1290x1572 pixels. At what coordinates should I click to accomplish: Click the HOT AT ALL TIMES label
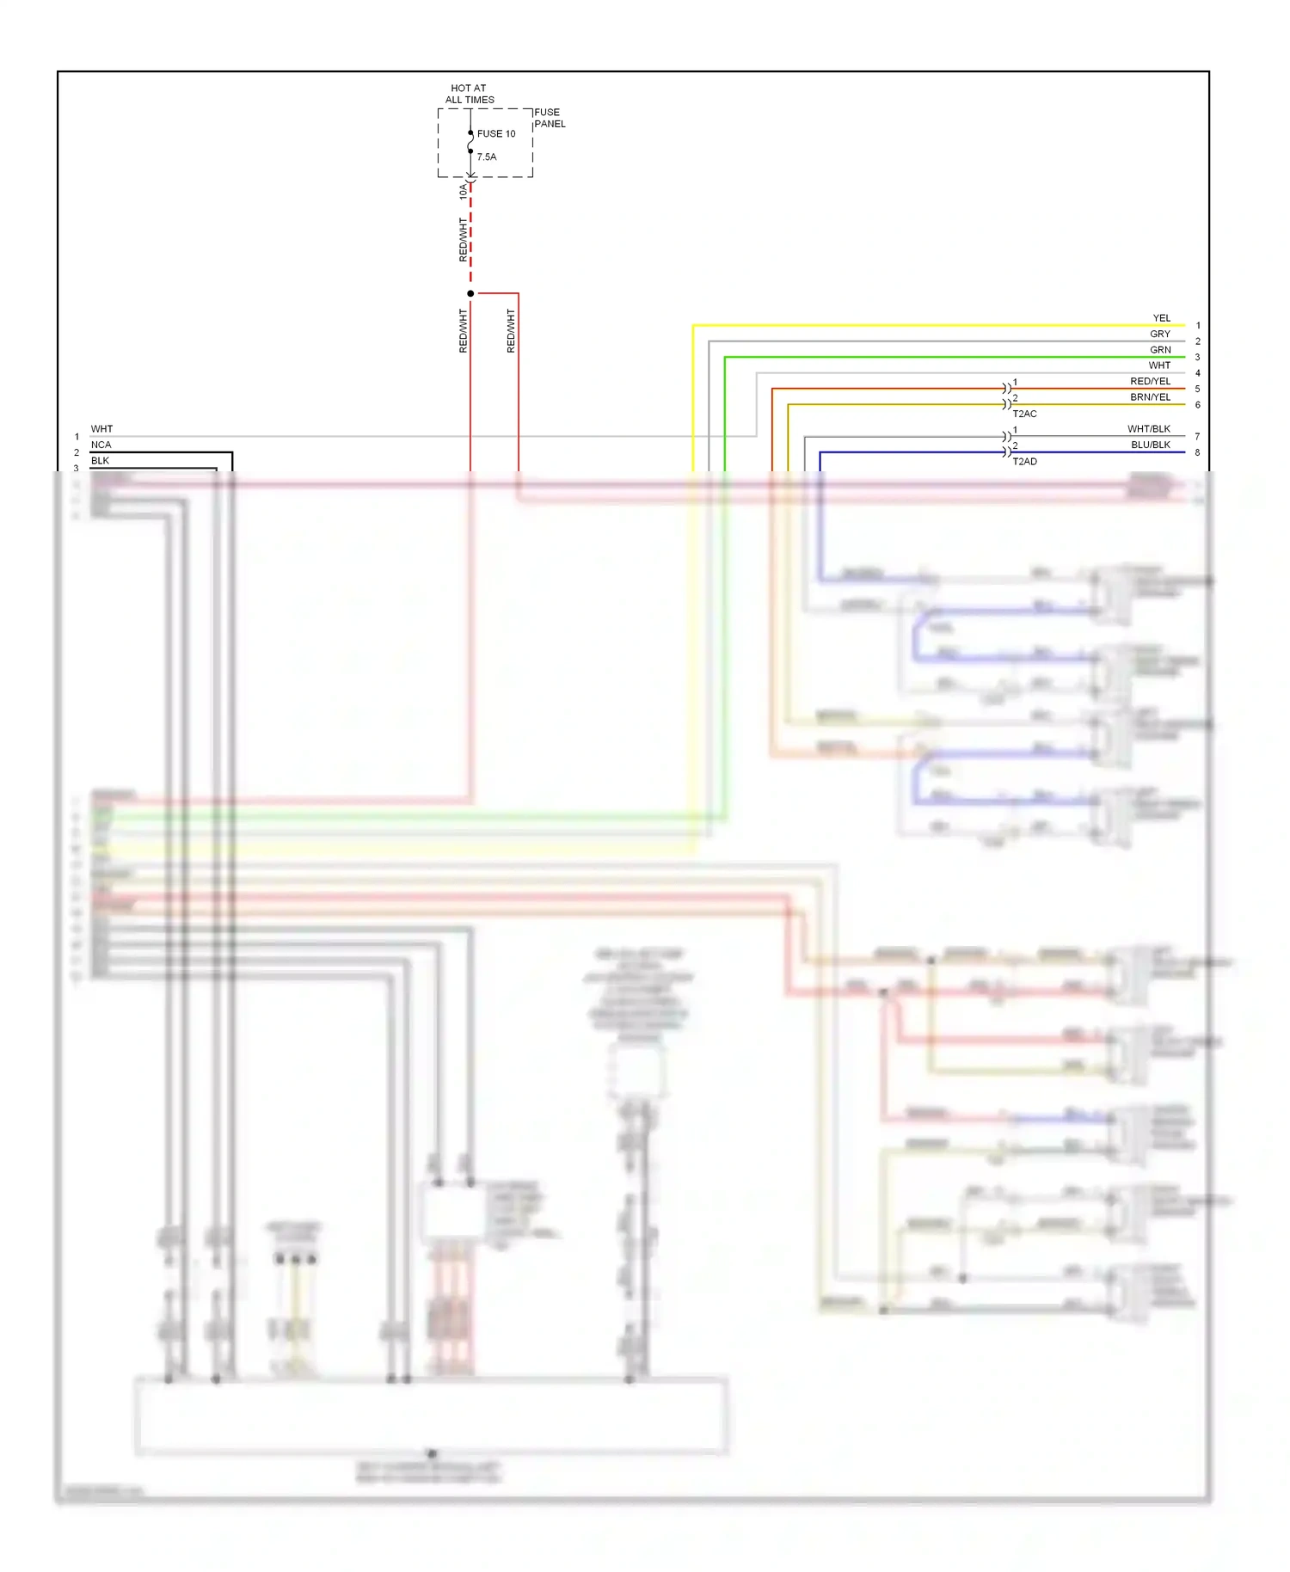tap(470, 94)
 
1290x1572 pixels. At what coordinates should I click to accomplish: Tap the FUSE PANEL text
tap(550, 118)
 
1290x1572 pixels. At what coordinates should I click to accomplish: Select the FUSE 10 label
tap(496, 134)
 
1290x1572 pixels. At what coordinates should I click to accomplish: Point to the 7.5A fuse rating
tap(487, 157)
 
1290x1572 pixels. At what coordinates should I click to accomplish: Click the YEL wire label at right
tap(1161, 318)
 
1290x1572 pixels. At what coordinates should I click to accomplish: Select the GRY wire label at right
tap(1160, 334)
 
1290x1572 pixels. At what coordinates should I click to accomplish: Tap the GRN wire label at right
tap(1160, 350)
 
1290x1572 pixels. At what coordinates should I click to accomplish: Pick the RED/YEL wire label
tap(1150, 382)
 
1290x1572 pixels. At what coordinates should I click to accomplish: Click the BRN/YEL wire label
tap(1150, 397)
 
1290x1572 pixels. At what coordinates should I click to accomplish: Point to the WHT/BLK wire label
tap(1148, 429)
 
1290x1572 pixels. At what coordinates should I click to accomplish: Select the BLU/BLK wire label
tap(1150, 445)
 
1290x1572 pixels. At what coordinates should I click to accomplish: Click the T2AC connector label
tap(1024, 414)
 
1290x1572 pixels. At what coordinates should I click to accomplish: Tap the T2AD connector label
tap(1024, 462)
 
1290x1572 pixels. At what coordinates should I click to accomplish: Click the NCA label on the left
tap(101, 445)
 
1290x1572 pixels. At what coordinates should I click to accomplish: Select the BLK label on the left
tap(100, 461)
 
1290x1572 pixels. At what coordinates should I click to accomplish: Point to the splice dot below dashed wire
tap(470, 294)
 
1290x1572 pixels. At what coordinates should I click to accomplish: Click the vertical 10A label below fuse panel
tap(463, 191)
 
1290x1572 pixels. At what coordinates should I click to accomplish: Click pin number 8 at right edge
tap(1197, 452)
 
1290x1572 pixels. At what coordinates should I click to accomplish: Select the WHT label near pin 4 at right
tap(1159, 365)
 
